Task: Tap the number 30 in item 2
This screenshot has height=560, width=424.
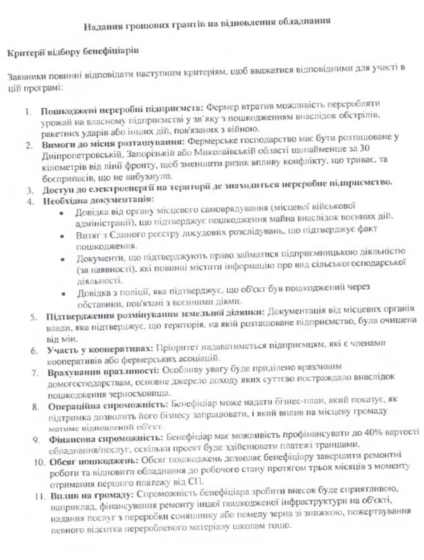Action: (364, 148)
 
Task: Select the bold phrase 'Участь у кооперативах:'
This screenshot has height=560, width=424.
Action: (100, 349)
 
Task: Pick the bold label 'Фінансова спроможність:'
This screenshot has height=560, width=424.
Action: (105, 438)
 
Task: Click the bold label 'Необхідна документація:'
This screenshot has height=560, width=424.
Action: (98, 200)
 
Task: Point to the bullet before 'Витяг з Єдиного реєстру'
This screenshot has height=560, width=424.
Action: (62, 236)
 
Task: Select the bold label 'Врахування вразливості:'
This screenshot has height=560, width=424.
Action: (103, 371)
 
